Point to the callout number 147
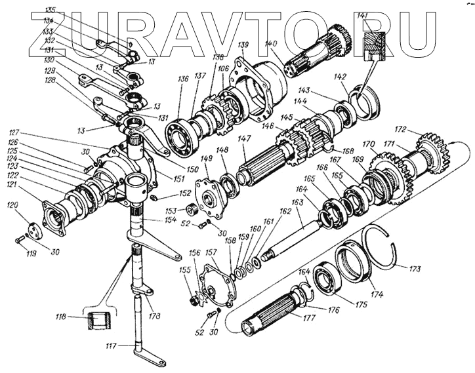coord(244,140)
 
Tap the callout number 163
coord(297,203)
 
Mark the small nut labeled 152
coord(154,198)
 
